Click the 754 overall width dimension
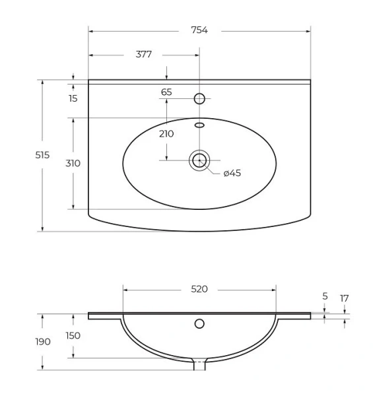tap(199, 30)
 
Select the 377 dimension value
tap(144, 54)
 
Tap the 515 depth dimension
tap(42, 155)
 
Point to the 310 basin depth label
tap(73, 164)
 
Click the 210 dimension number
tap(166, 134)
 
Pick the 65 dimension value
tap(166, 92)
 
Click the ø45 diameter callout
tap(232, 173)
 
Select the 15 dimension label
tap(73, 98)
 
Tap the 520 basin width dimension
tap(199, 289)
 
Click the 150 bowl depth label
tap(73, 336)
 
